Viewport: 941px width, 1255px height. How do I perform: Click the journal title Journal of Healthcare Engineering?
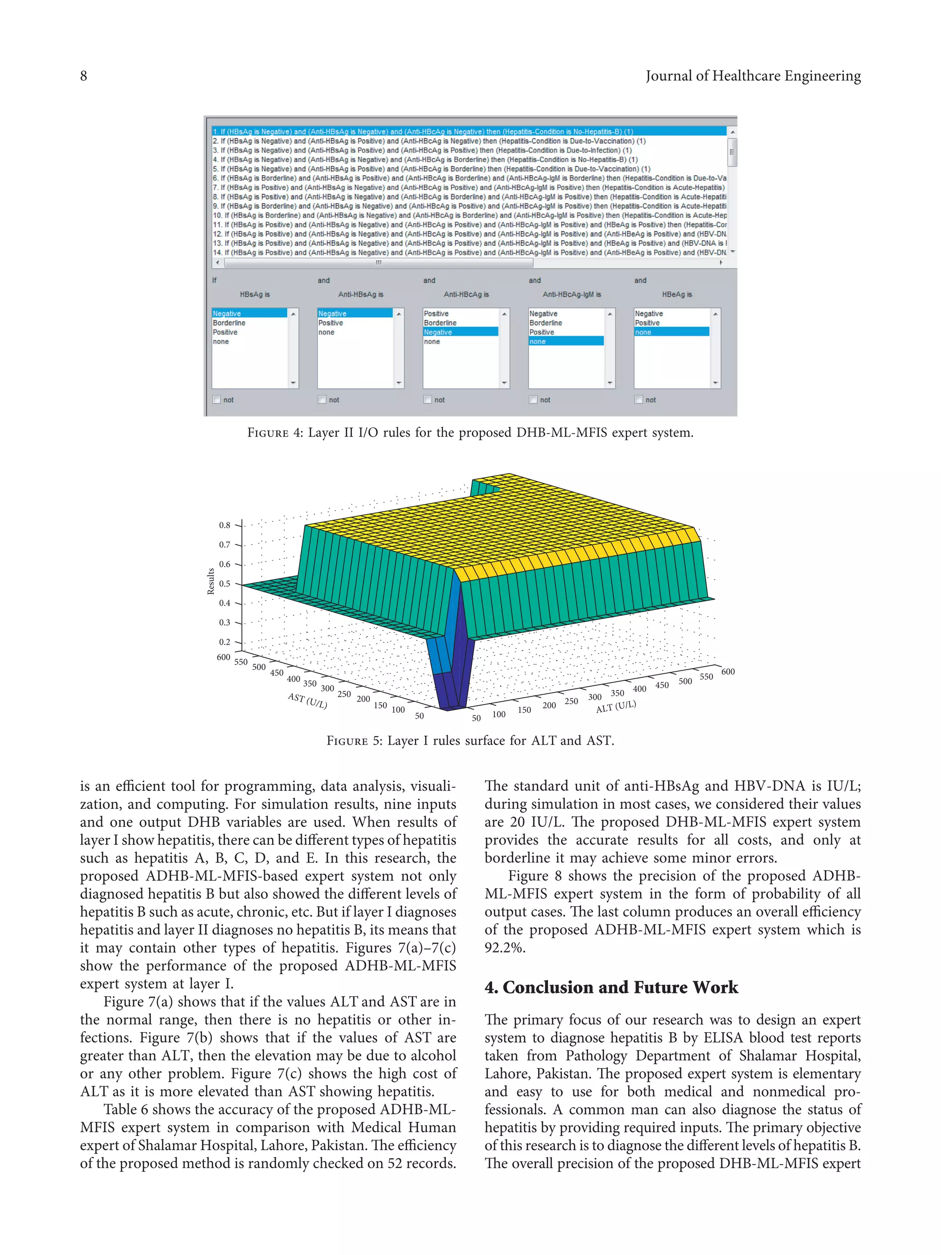(753, 76)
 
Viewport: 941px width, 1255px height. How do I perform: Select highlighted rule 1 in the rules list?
(423, 131)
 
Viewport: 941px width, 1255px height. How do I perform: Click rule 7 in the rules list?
(468, 187)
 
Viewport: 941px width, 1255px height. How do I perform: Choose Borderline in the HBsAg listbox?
(229, 323)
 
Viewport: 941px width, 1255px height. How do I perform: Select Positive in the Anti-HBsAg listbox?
(331, 323)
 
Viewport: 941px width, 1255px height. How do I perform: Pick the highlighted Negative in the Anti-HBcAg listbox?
(438, 332)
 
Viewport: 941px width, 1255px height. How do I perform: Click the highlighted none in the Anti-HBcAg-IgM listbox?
(537, 341)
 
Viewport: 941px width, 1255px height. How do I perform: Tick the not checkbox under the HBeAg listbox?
(639, 399)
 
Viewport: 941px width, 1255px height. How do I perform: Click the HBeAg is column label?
(677, 295)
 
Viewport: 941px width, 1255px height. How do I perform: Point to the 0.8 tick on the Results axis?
(225, 525)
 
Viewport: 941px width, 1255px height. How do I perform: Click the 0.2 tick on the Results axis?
(225, 642)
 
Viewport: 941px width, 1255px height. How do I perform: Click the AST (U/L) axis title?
(307, 701)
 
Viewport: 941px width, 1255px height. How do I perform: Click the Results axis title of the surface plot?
(211, 581)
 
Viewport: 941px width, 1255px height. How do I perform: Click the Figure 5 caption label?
(355, 741)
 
